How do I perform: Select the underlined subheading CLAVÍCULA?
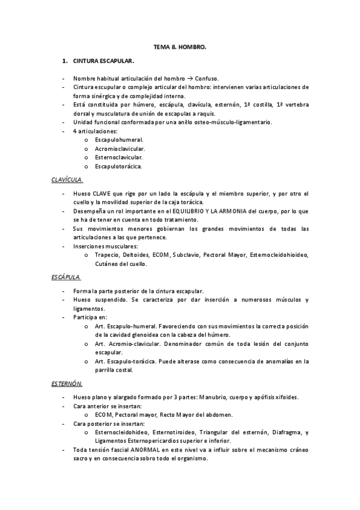click(67, 179)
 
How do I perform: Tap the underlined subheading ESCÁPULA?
click(66, 277)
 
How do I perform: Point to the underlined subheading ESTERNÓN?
click(67, 383)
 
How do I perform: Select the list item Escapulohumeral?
click(119, 140)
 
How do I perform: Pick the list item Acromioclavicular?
click(120, 149)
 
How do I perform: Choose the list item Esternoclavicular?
click(118, 157)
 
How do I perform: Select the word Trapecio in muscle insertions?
click(108, 255)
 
